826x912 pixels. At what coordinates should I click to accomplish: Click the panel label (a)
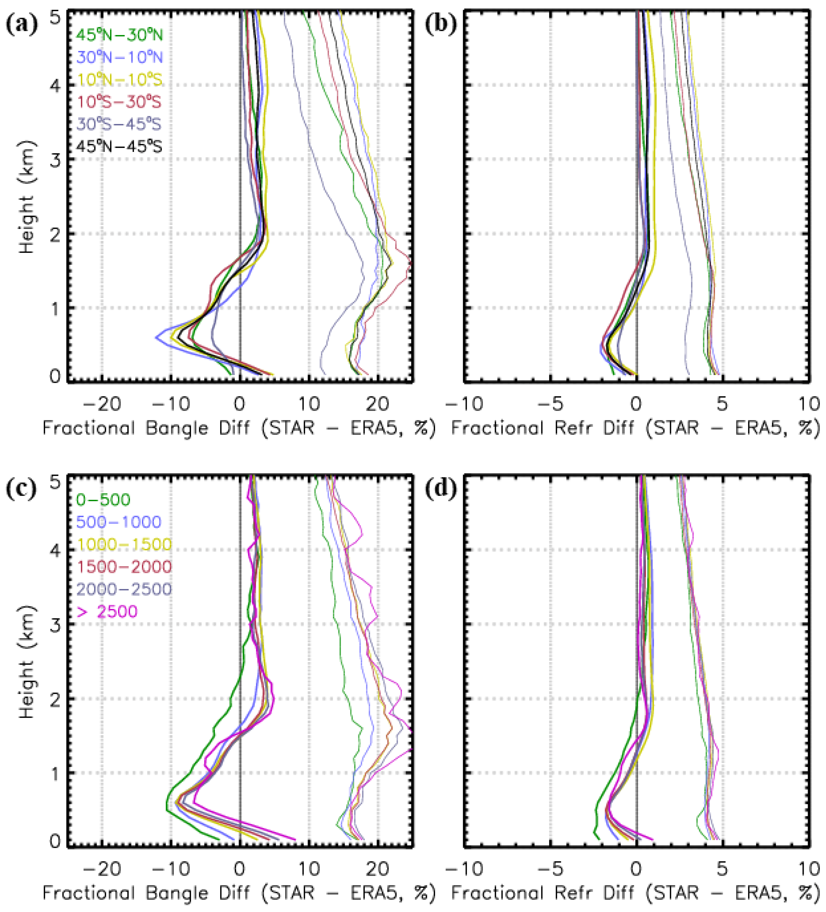click(21, 23)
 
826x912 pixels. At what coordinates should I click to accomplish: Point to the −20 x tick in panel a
click(103, 404)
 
